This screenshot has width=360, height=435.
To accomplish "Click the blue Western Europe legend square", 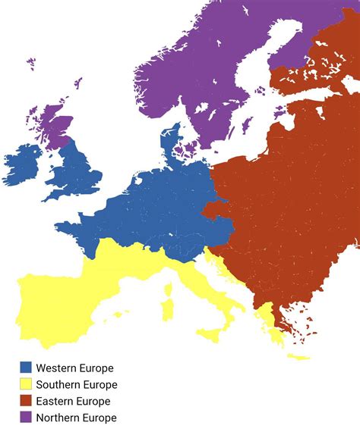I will pyautogui.click(x=27, y=368).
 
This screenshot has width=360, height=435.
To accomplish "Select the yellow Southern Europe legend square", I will pyautogui.click(x=27, y=384).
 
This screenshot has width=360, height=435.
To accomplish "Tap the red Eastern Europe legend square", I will pyautogui.click(x=27, y=401).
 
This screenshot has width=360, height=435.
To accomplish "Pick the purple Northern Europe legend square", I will pyautogui.click(x=27, y=418).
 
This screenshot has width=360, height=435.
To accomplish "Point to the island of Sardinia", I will pyautogui.click(x=166, y=309).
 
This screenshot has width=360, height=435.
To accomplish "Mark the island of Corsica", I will pyautogui.click(x=169, y=288).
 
